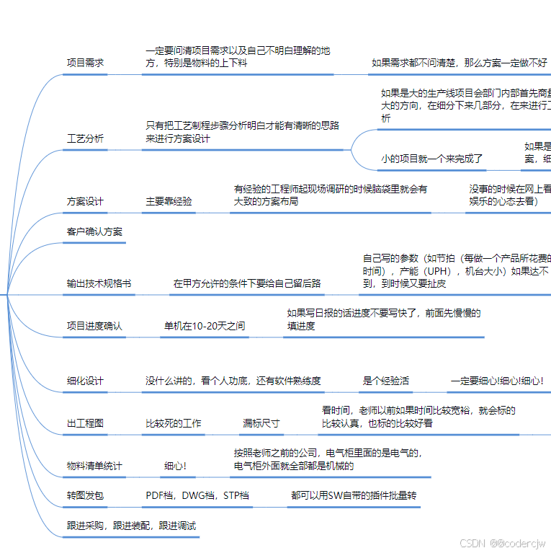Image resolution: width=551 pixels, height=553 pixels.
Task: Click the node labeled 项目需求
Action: tap(85, 63)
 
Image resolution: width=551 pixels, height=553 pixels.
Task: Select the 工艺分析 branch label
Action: tap(85, 138)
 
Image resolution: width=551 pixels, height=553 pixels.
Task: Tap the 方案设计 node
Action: tap(85, 202)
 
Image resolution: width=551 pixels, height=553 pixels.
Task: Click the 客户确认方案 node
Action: tap(94, 231)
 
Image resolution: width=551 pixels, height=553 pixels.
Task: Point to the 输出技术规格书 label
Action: tap(99, 283)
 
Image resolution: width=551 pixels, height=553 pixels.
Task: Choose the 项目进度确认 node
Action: tap(94, 326)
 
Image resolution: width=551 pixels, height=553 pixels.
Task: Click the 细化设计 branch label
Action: tap(85, 381)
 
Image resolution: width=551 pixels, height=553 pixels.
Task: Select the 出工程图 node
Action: tap(85, 423)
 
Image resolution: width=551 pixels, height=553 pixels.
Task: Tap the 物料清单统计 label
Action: tap(94, 466)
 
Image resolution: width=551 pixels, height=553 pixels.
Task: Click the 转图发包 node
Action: tap(85, 496)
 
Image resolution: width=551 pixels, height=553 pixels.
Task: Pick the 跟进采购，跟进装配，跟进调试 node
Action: tap(131, 526)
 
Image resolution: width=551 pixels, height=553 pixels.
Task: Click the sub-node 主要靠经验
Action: tap(169, 202)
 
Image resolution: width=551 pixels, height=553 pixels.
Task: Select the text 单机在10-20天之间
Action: tap(205, 326)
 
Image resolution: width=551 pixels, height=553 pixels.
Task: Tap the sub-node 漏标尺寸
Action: tap(261, 423)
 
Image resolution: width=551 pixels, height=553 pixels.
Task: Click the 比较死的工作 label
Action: tap(174, 423)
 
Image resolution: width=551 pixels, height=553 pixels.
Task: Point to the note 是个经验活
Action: tap(385, 381)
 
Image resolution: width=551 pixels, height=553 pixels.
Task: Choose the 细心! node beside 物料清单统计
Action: tap(175, 466)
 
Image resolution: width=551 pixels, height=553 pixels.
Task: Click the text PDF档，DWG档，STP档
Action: tap(197, 496)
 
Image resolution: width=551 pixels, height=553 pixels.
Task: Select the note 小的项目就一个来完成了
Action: tap(431, 159)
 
